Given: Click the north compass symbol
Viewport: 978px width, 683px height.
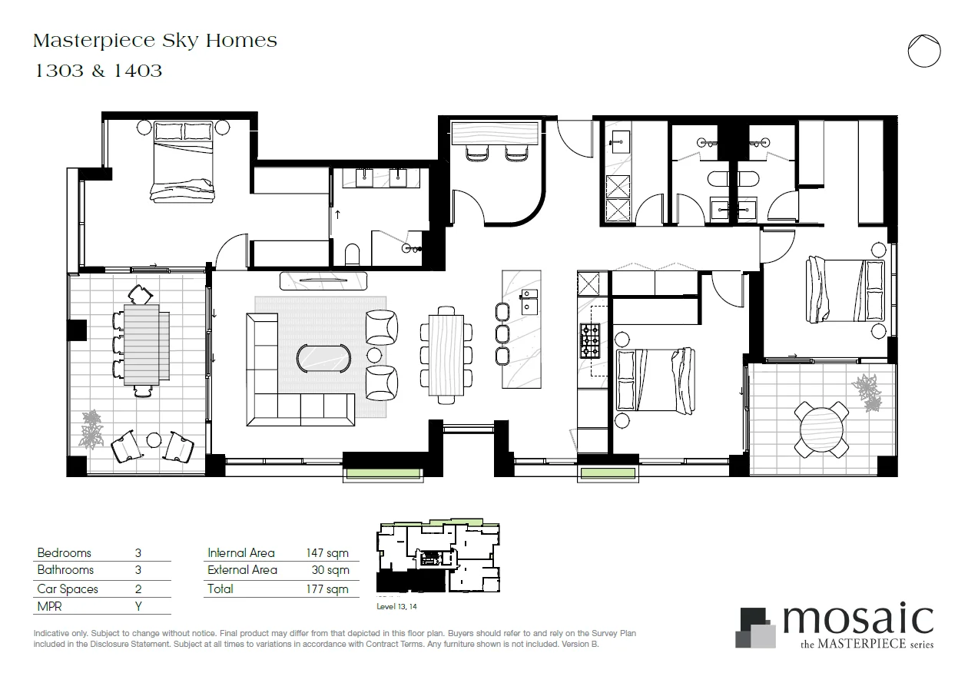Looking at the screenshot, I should [x=923, y=51].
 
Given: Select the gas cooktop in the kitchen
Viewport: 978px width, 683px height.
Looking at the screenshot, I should [x=590, y=341].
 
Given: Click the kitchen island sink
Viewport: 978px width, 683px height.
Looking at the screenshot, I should [x=529, y=301].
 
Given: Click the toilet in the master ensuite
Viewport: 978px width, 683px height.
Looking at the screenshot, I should [x=353, y=253].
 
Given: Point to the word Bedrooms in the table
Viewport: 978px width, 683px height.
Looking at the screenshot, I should [x=64, y=553].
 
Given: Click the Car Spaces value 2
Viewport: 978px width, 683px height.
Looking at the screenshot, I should [x=138, y=589].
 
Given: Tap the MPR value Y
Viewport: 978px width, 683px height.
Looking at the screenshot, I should [x=138, y=606].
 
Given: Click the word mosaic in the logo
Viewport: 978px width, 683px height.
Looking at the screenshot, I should [x=857, y=619].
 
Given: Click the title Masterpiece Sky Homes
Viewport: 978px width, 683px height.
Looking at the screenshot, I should [x=155, y=41].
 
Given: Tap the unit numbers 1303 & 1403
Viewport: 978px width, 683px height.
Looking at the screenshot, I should [x=98, y=71].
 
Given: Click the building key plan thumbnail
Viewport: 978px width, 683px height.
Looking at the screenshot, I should [x=438, y=558].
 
